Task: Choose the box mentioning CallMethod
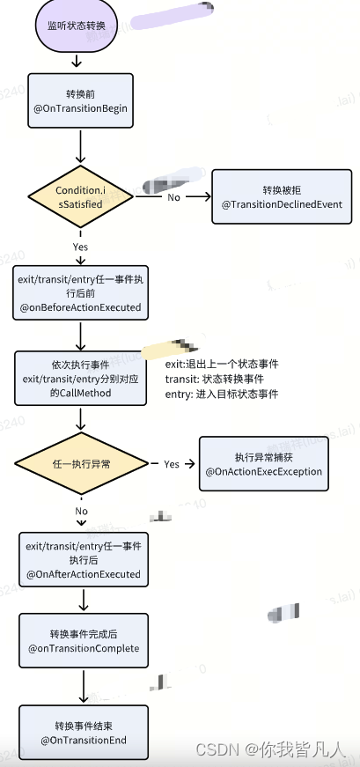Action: click(x=80, y=380)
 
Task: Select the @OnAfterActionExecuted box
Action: click(x=84, y=560)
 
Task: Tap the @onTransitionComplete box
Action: click(x=84, y=640)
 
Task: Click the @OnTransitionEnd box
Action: click(x=84, y=733)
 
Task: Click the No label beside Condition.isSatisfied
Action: click(x=174, y=197)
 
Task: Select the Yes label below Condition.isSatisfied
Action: click(x=81, y=247)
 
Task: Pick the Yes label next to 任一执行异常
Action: click(x=172, y=464)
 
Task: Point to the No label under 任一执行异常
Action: click(x=82, y=511)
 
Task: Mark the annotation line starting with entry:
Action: click(x=222, y=395)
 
